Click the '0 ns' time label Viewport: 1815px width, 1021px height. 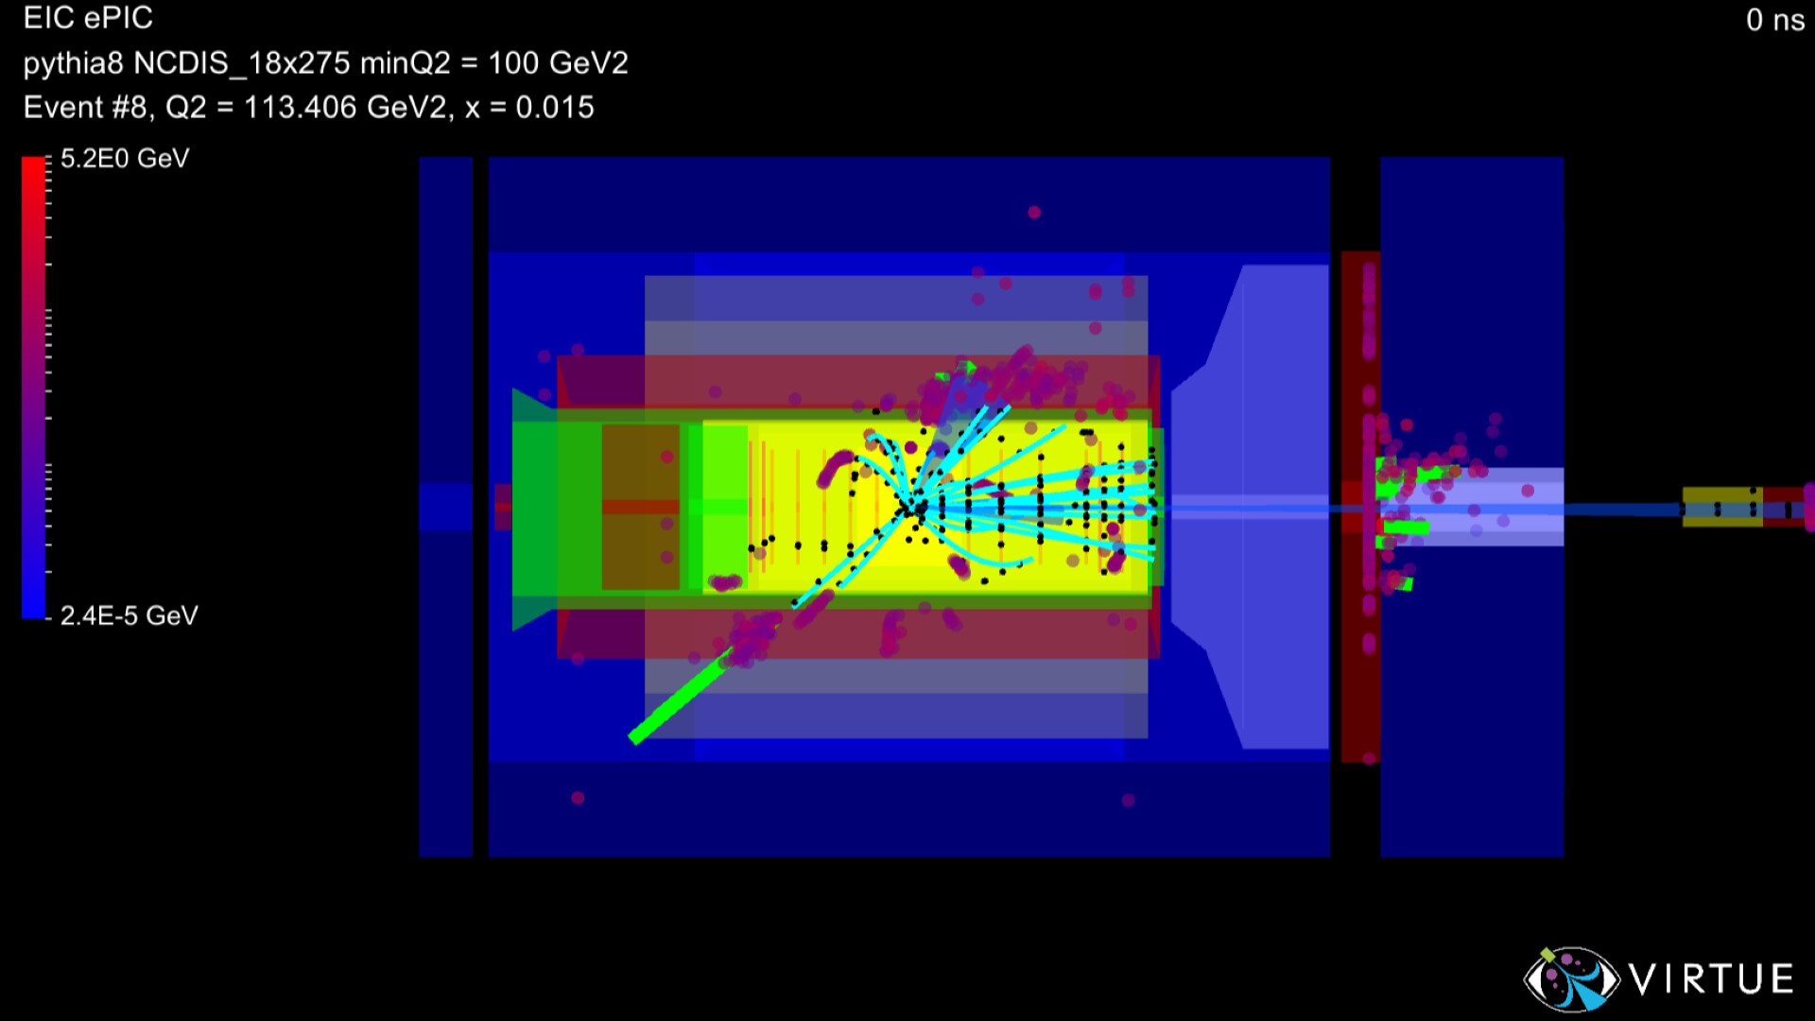click(x=1774, y=20)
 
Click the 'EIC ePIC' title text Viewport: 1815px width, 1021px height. click(x=88, y=18)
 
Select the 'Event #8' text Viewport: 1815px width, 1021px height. click(x=85, y=108)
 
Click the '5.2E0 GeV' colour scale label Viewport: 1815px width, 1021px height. click(x=125, y=159)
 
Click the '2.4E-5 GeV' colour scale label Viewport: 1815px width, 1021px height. click(x=129, y=616)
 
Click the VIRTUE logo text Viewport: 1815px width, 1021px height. click(x=1712, y=979)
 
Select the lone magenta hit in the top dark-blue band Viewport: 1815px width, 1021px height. click(x=1034, y=213)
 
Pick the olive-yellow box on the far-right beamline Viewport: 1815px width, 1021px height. click(x=1721, y=507)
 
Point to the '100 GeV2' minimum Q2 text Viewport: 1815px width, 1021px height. click(x=558, y=63)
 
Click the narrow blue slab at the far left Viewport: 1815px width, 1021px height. click(x=445, y=507)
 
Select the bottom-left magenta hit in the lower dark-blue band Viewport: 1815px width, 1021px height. click(x=578, y=798)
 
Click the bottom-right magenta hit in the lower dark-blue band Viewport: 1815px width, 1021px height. click(x=1128, y=801)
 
